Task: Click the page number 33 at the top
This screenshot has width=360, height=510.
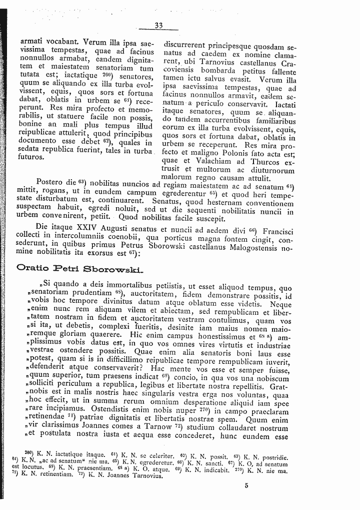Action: pyautogui.click(x=159, y=26)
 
